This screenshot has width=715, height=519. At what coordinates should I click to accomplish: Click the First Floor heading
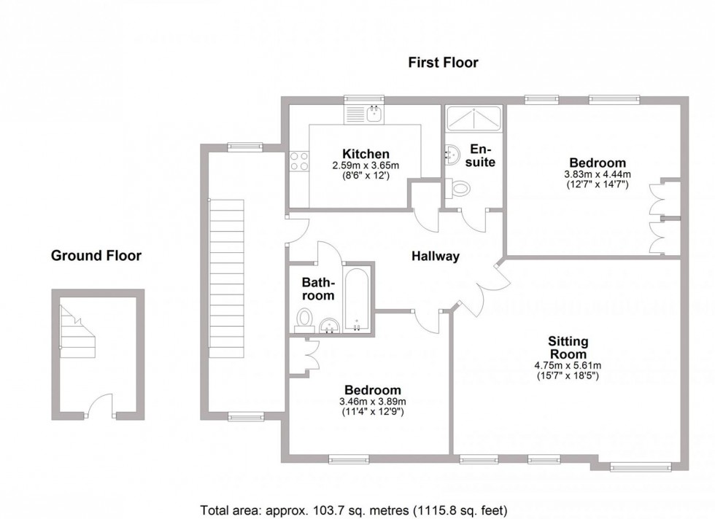point(443,63)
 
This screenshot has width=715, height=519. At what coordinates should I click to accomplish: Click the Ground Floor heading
point(96,256)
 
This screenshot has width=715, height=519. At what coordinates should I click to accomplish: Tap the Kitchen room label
point(366,154)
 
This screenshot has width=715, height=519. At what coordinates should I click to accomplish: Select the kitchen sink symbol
point(373,113)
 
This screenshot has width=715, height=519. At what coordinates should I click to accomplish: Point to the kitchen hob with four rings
point(299,161)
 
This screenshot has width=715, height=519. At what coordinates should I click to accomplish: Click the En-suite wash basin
point(452,153)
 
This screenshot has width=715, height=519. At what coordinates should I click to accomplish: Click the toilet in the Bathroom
point(305,319)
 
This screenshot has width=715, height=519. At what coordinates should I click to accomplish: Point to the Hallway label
point(435,257)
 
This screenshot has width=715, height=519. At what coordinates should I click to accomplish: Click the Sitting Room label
point(568,347)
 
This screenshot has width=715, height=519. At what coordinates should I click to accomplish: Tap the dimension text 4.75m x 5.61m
point(568,366)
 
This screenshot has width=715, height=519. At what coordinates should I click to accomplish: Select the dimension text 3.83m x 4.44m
point(597,175)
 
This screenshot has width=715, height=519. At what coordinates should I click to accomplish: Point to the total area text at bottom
point(353,510)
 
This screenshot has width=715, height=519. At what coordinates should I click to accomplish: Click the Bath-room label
point(319,289)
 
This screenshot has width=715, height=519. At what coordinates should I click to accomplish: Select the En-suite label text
point(482,155)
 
